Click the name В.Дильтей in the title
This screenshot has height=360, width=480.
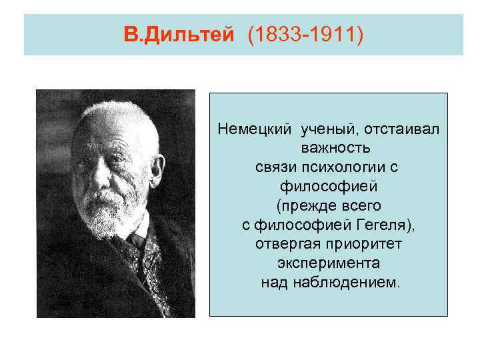click(x=179, y=34)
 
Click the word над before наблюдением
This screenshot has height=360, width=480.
click(x=273, y=283)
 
